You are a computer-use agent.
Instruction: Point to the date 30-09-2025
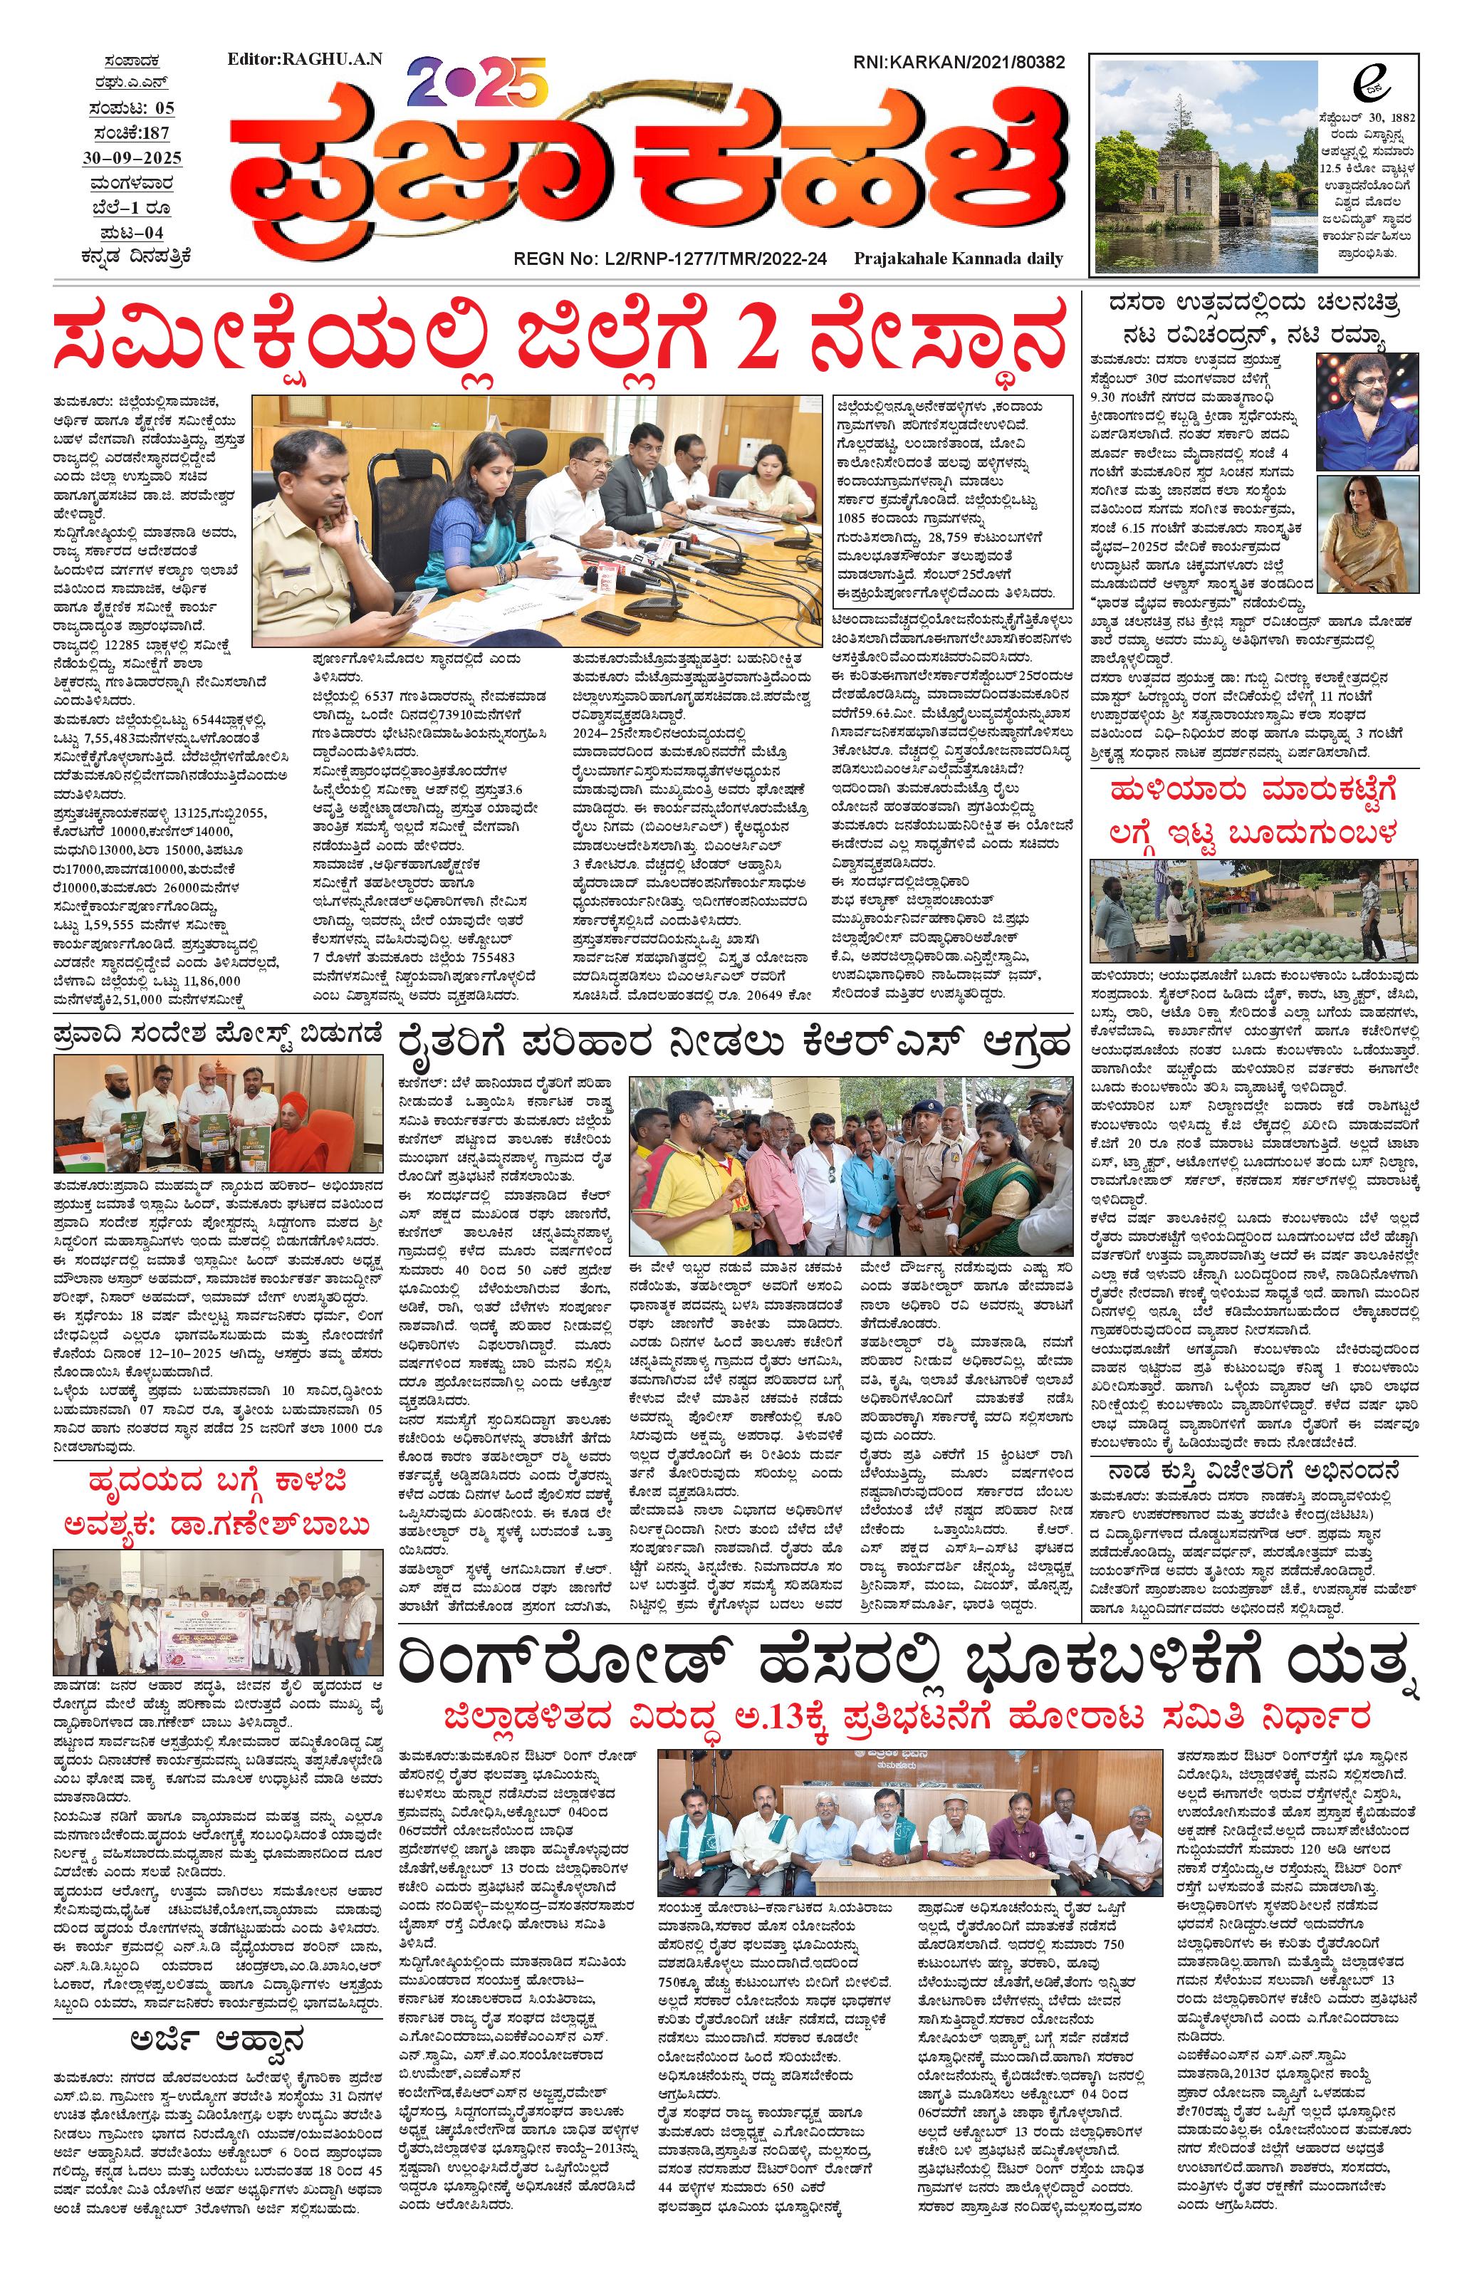pos(131,157)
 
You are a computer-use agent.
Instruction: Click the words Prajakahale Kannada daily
pos(958,259)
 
